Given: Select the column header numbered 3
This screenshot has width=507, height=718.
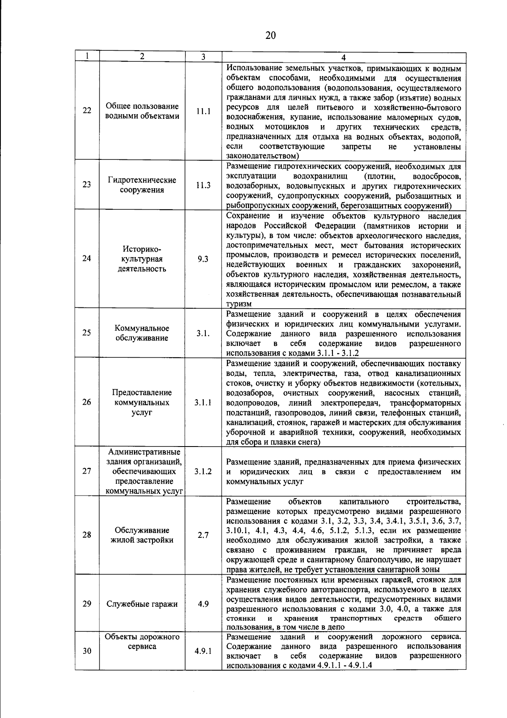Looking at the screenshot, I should pos(203,57).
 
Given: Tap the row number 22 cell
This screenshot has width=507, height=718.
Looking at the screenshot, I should pos(87,111).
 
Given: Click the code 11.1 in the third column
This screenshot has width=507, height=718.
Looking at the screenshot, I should pos(203,111).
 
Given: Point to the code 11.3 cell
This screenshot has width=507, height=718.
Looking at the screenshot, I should pos(203,185).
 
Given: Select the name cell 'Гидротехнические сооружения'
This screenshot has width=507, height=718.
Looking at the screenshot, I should pos(142,185).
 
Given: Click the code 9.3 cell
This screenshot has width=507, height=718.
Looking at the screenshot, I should pos(203,259).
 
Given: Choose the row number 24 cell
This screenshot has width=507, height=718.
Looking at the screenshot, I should pos(87,258).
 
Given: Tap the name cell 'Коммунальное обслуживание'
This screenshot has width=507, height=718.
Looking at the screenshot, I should pos(142,333).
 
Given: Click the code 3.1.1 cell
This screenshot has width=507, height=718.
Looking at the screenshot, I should pos(203,402).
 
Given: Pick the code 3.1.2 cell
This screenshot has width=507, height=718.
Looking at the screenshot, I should pos(203,471).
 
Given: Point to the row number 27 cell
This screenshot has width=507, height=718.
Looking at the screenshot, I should pos(87,471).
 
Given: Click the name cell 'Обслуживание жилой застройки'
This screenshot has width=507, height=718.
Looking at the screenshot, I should pos(142,535).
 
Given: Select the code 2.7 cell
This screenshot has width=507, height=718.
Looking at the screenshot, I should pos(203,535).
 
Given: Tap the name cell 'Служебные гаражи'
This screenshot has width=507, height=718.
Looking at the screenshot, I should pos(142,604).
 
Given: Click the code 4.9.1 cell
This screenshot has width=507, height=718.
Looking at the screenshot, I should pos(203,651).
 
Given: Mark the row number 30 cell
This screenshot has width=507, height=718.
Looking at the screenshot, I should pos(87,651).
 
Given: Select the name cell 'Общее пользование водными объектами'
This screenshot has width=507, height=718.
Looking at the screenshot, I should pos(142,111).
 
